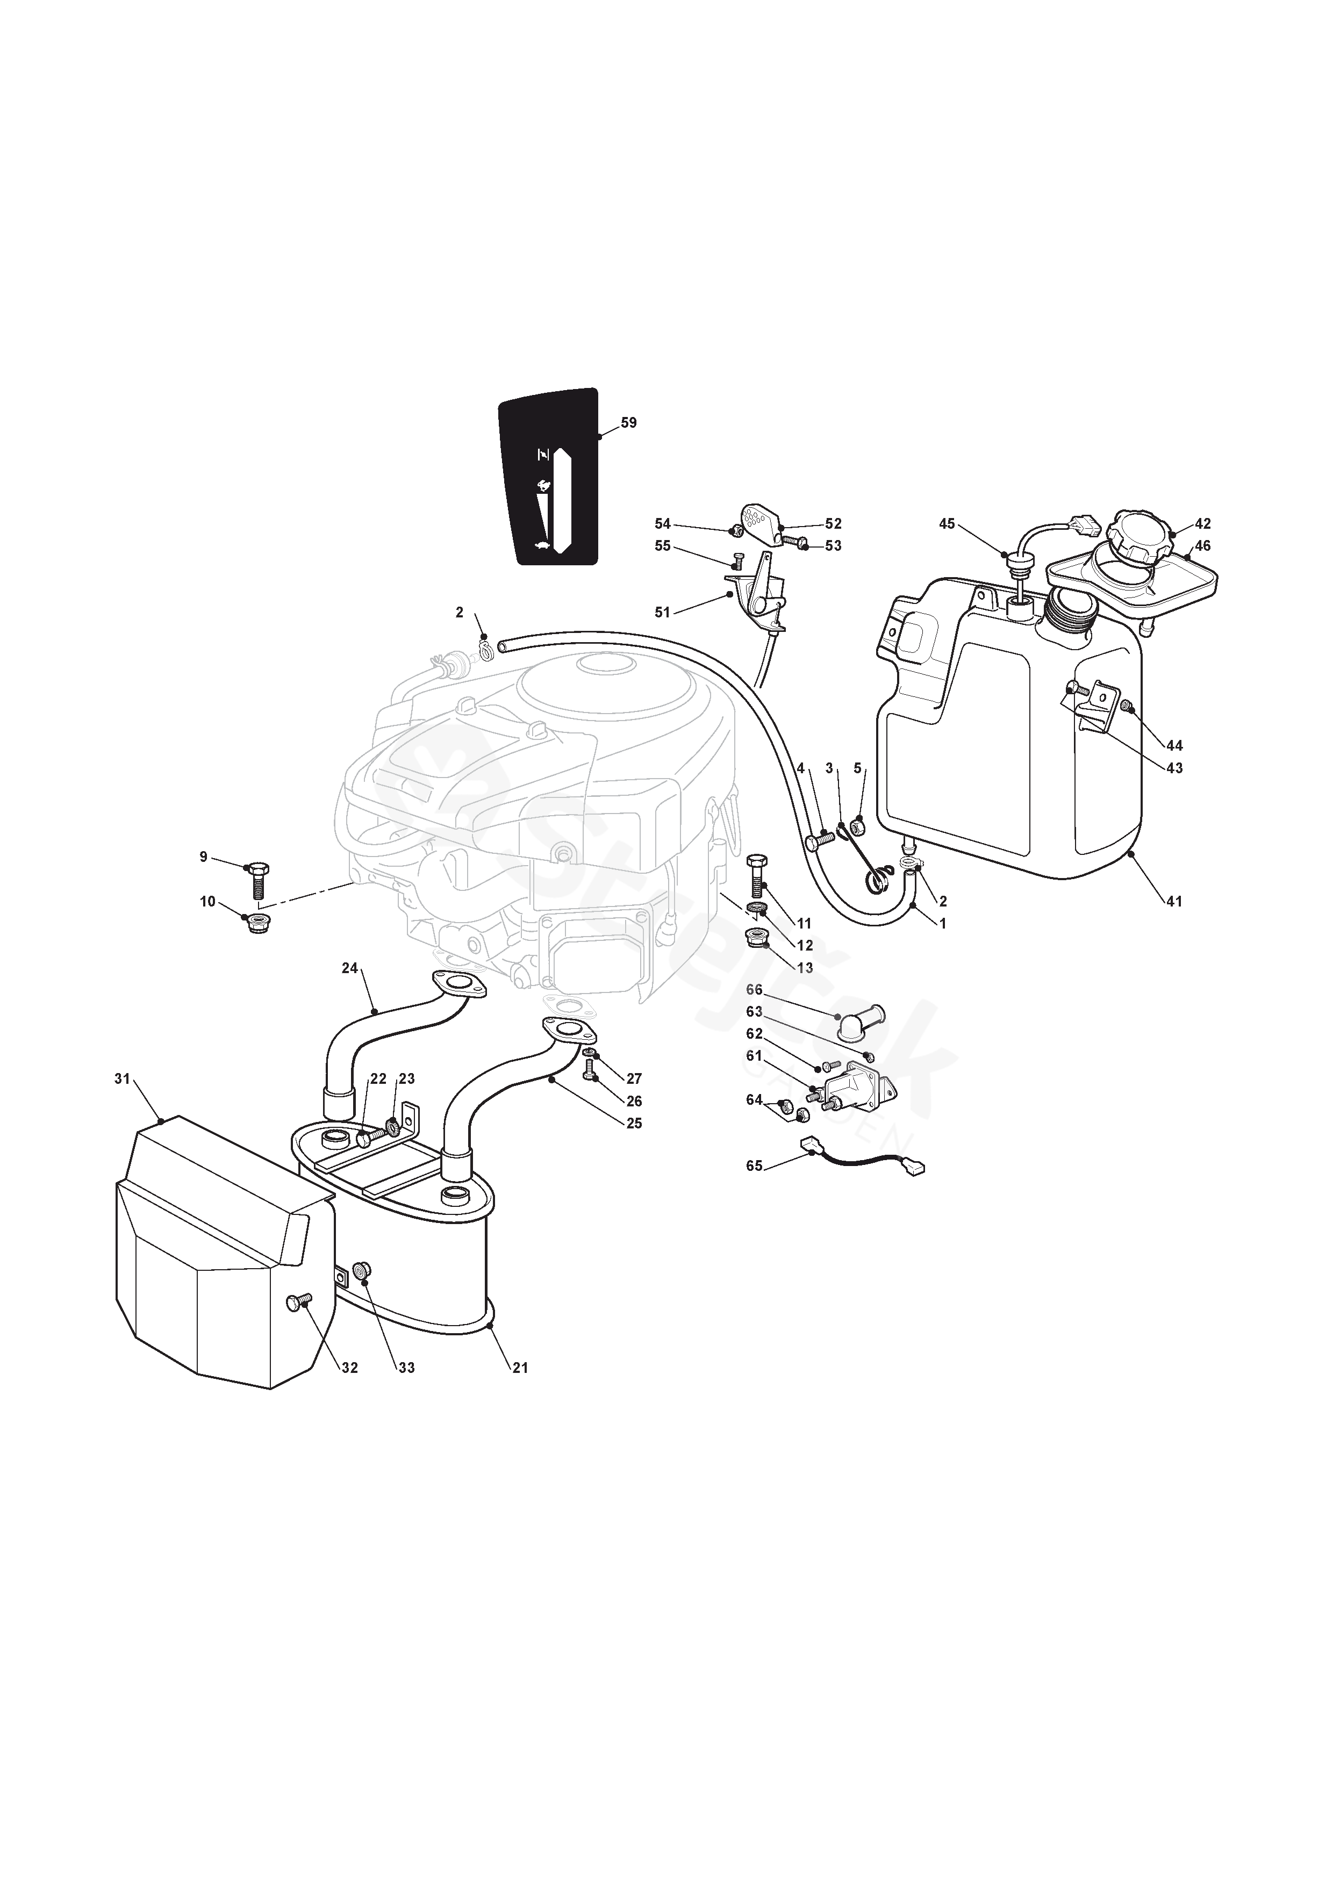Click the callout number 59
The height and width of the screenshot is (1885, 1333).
coord(628,423)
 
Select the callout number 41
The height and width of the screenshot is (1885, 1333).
coord(1174,902)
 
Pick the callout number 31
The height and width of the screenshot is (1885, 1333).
coord(123,1079)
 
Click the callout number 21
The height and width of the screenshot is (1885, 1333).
coord(520,1368)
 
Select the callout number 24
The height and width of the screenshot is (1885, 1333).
coord(350,968)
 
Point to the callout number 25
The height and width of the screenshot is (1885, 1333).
coord(634,1123)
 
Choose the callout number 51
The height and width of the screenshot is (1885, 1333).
coord(663,611)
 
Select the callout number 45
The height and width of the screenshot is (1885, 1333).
coord(947,523)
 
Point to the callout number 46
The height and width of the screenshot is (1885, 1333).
coord(1202,546)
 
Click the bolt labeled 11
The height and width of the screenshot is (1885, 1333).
coord(756,881)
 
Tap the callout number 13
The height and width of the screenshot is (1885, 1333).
coord(805,968)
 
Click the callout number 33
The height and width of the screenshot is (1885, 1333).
coord(406,1368)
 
